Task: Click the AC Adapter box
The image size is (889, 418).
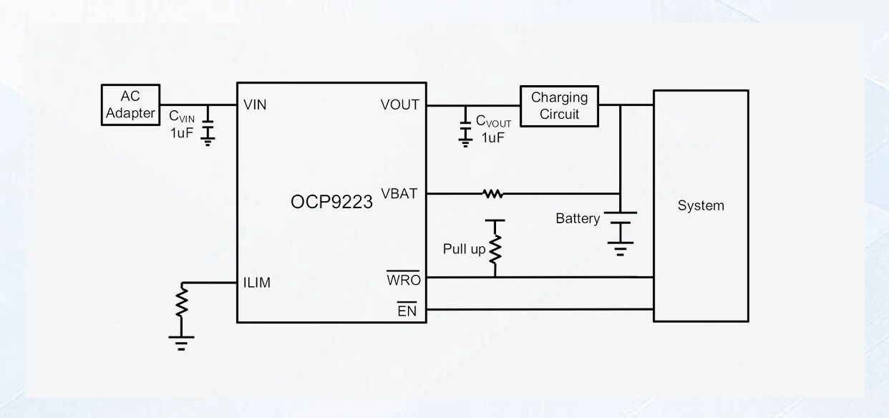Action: [x=130, y=105]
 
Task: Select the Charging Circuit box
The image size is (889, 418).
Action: [x=559, y=106]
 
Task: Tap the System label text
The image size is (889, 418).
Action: [x=701, y=205]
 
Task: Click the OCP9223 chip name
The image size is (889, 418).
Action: [x=331, y=202]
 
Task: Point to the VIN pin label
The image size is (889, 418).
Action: [x=255, y=105]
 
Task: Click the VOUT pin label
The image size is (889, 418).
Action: [x=399, y=105]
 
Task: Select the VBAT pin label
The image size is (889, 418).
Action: [x=399, y=193]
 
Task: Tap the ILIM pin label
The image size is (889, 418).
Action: [x=257, y=283]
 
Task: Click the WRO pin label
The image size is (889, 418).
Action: [x=404, y=280]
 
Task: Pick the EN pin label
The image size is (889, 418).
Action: [x=407, y=311]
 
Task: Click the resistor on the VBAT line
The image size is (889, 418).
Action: [x=492, y=193]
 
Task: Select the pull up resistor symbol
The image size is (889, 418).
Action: [x=495, y=248]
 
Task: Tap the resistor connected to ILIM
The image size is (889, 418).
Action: [x=182, y=301]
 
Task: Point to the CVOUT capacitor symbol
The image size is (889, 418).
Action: [x=465, y=129]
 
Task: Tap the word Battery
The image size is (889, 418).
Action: [x=578, y=218]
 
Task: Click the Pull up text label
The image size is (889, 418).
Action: [x=464, y=249]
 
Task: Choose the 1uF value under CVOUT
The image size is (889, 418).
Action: [x=493, y=137]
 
